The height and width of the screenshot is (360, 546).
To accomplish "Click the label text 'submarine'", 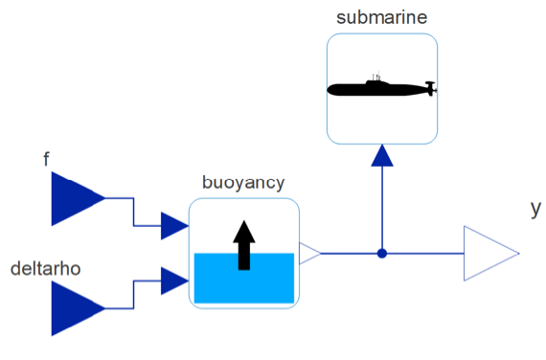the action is [381, 17].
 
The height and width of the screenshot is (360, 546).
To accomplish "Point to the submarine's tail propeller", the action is [431, 88].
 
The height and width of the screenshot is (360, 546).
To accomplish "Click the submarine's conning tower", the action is [376, 79].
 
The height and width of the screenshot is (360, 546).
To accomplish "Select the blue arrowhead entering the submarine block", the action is [382, 156].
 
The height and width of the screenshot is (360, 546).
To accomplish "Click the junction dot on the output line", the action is [382, 254].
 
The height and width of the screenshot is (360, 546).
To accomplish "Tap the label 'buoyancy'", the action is [243, 183].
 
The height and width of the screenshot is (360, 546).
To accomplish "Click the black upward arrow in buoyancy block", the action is [244, 245].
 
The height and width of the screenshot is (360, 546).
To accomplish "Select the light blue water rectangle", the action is [244, 278].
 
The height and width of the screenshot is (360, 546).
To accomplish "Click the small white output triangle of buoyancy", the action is [308, 254].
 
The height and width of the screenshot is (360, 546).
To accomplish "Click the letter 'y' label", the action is [536, 209].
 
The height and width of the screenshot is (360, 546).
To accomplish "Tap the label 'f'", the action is [46, 160].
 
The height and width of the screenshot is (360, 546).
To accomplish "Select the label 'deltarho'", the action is [46, 269].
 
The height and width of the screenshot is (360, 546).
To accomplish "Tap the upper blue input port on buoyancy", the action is [174, 226].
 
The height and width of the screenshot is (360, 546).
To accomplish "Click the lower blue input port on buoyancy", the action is [174, 281].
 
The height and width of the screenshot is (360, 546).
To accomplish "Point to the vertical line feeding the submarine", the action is [382, 208].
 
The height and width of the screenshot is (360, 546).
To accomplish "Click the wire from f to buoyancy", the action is [133, 212].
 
